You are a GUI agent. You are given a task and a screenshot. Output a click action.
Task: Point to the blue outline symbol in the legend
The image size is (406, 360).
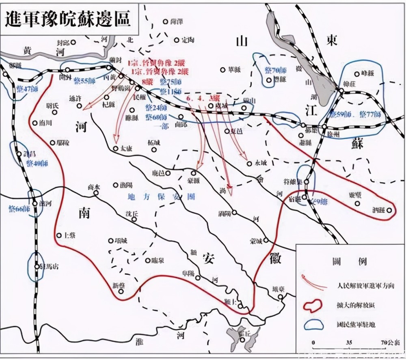pos(313,325)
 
